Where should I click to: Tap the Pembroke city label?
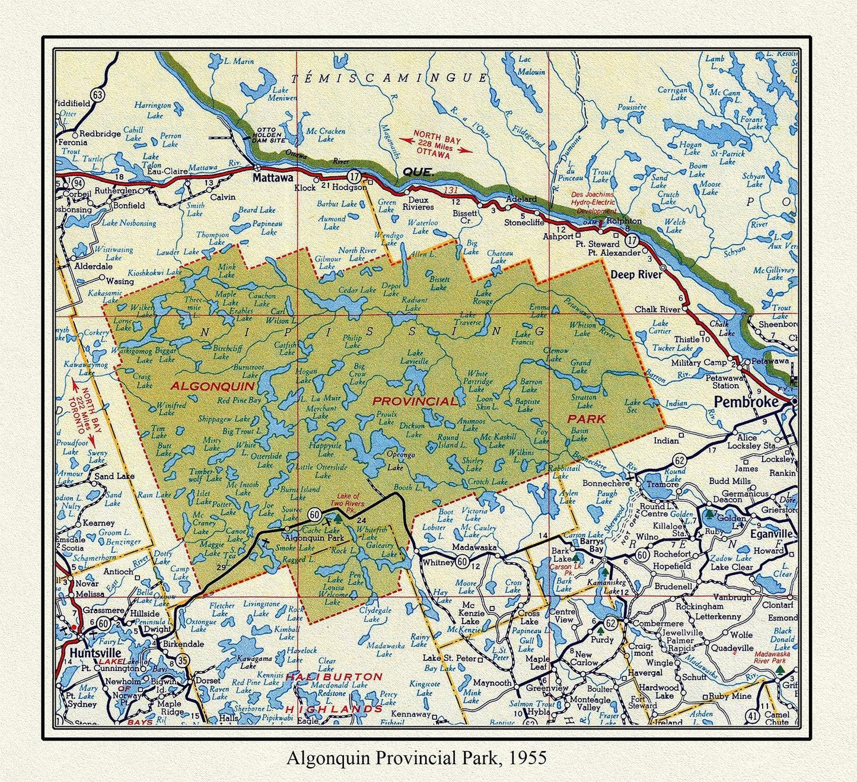click(746, 402)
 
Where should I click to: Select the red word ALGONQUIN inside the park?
click(213, 386)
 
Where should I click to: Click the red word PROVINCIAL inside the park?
click(415, 401)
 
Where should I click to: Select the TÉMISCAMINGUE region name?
click(390, 78)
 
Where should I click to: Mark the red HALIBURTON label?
click(334, 676)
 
